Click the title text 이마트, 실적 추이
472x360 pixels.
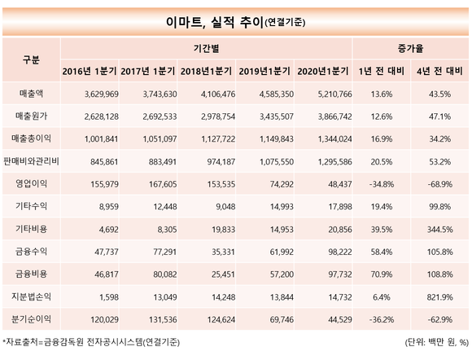pos(215,22)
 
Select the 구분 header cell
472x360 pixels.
pos(31,59)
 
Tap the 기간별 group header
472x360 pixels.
pos(206,48)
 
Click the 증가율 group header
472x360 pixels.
pos(410,48)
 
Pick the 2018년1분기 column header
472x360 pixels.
pos(206,71)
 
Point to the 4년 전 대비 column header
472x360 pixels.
pos(439,71)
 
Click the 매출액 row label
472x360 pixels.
pos(31,94)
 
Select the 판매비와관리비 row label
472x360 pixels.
pos(31,161)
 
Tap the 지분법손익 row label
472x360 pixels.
pos(31,296)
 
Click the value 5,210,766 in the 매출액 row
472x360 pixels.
pos(334,94)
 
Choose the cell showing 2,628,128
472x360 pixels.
pos(102,116)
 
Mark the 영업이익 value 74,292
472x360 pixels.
pos(282,184)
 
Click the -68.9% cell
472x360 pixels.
pos(439,184)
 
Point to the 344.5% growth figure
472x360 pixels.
pos(439,230)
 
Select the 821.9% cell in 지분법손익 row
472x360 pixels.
pos(439,297)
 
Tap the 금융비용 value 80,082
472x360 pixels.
pos(165,274)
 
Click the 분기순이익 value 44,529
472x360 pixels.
pos(340,319)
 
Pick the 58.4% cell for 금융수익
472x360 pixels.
pos(382,252)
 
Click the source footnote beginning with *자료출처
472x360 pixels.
pos(91,342)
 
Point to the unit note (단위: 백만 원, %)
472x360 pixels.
pos(436,342)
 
